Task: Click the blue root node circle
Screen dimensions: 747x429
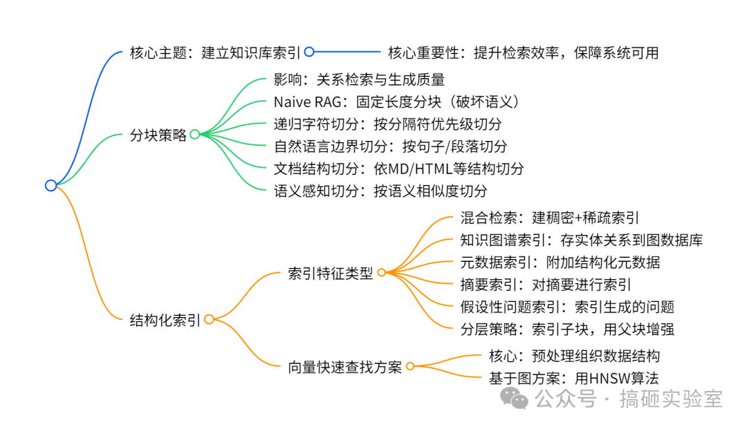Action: (50, 185)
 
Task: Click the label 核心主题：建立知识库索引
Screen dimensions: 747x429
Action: (216, 53)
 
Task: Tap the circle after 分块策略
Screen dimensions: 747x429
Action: (195, 135)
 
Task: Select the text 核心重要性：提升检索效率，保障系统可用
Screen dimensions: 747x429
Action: (523, 53)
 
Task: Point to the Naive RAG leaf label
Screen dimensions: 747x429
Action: (396, 102)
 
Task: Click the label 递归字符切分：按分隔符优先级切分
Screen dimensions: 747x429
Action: (387, 124)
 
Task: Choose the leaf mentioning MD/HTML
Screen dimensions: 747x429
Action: (399, 168)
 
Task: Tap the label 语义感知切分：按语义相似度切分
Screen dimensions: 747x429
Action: (380, 190)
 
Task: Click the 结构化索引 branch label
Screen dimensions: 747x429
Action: (165, 320)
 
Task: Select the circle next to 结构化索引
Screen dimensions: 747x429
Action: (209, 319)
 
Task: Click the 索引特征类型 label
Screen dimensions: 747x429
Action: (330, 274)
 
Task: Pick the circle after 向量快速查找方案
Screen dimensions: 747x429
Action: (410, 367)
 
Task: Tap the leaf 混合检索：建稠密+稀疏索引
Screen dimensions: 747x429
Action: (549, 218)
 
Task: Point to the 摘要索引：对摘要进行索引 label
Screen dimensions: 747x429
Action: (545, 285)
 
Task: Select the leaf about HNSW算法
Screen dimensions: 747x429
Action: (573, 378)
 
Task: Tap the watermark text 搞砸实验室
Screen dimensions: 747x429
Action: (670, 399)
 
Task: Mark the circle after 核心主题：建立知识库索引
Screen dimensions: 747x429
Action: (309, 52)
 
